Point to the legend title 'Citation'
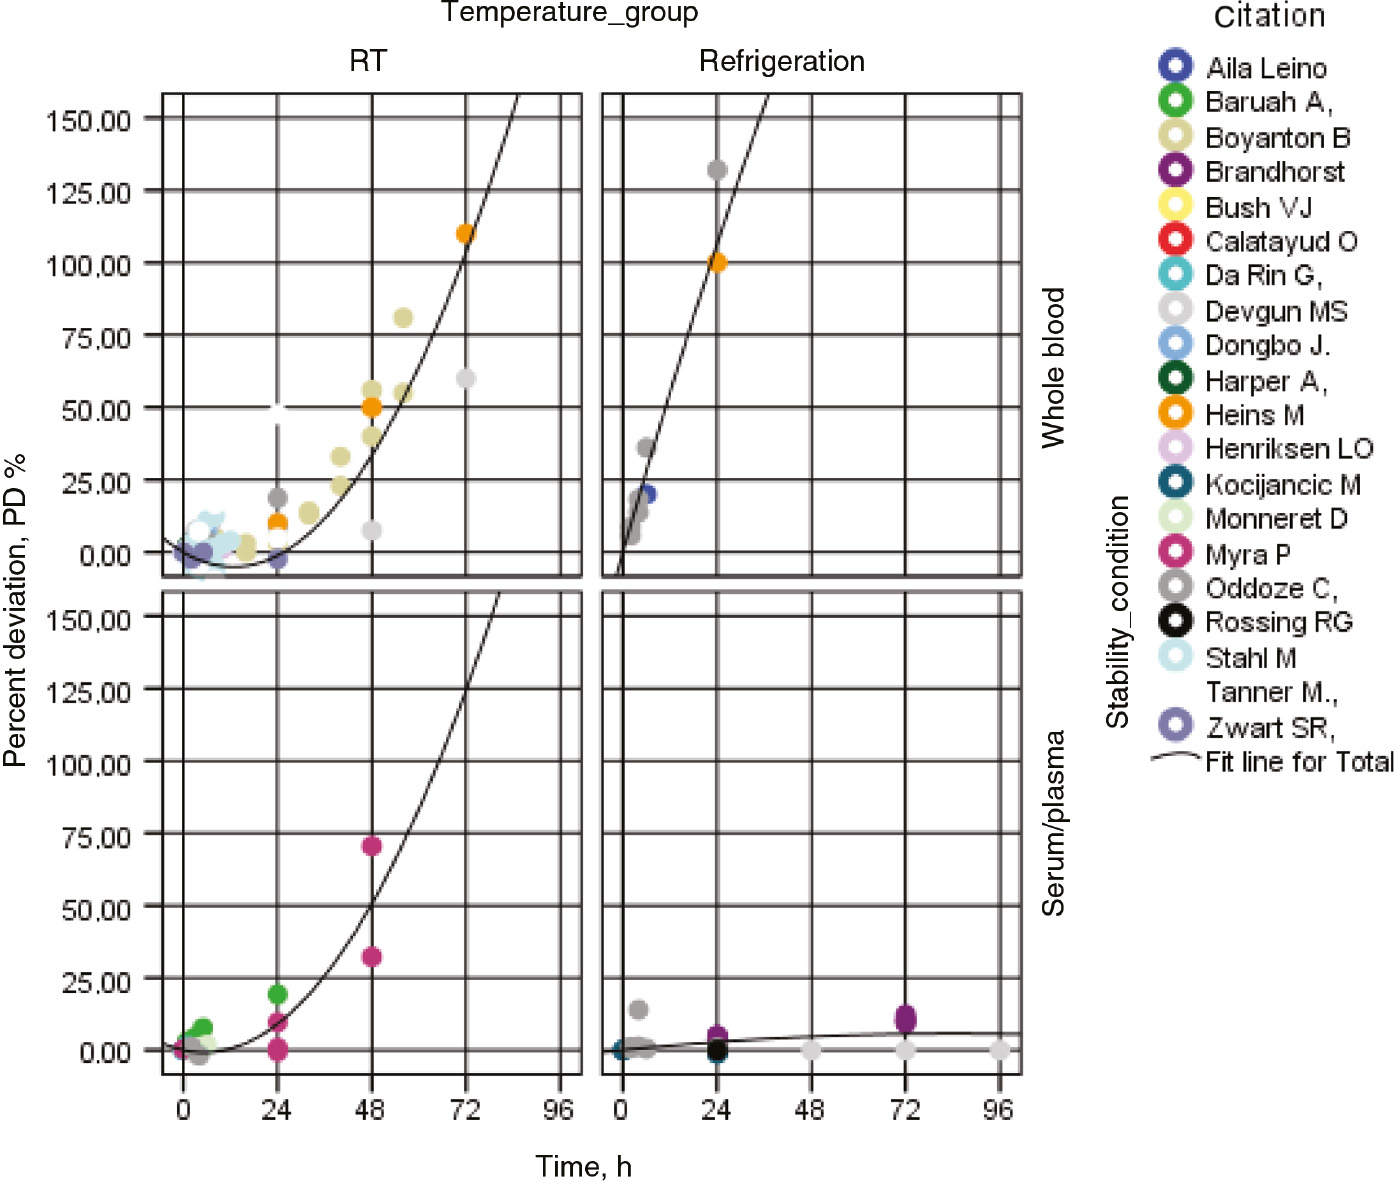click(x=1269, y=17)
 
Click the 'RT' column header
click(x=367, y=61)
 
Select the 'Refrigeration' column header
click(x=781, y=61)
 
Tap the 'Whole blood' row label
click(x=1053, y=367)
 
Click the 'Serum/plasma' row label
click(x=1053, y=822)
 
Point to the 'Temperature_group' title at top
click(x=569, y=13)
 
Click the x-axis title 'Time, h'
click(x=583, y=1166)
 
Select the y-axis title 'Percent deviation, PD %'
click(x=15, y=610)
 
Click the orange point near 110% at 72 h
click(x=465, y=234)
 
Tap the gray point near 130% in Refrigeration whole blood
click(x=717, y=170)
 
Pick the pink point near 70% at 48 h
click(x=372, y=846)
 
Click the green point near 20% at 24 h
click(x=278, y=994)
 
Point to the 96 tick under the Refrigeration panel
click(x=998, y=1109)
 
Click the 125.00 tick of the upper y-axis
click(x=89, y=191)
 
